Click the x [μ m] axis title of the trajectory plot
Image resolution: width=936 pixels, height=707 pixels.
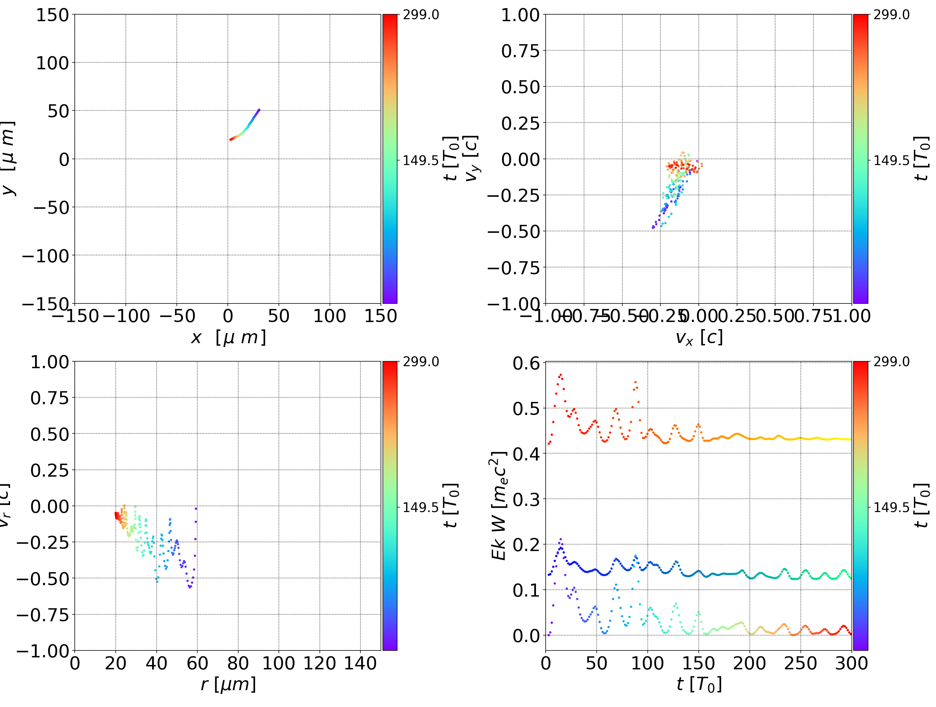click(228, 338)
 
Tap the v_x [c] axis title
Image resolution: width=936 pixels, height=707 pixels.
click(699, 338)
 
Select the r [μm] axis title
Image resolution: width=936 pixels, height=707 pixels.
click(228, 684)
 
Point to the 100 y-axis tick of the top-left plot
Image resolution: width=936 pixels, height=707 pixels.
click(52, 63)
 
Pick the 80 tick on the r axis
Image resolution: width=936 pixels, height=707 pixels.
click(238, 663)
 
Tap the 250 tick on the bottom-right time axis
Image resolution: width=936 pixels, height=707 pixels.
click(800, 663)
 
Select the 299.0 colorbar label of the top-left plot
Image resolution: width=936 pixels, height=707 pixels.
click(421, 15)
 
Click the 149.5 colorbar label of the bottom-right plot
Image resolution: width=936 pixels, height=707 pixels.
click(891, 507)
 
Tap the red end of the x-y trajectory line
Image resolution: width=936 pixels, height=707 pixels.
click(231, 139)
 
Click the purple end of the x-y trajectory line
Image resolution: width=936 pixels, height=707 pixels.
click(259, 110)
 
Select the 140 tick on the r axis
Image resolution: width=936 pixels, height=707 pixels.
click(360, 663)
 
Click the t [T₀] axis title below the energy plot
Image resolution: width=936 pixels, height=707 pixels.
click(699, 684)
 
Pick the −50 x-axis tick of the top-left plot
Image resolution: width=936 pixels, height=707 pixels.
click(177, 316)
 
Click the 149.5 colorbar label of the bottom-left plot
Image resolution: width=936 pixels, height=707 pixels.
click(421, 507)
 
